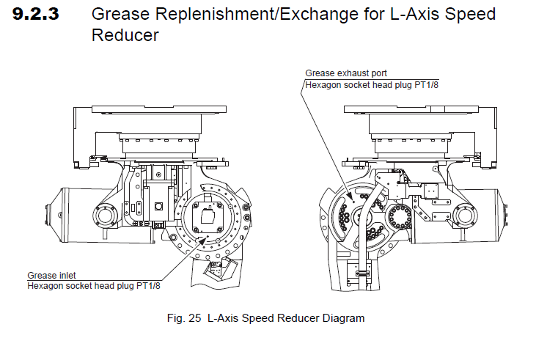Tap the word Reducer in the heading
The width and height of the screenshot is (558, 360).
[125, 35]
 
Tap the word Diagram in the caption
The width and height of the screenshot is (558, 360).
[342, 319]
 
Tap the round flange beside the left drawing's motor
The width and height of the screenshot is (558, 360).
[105, 216]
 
